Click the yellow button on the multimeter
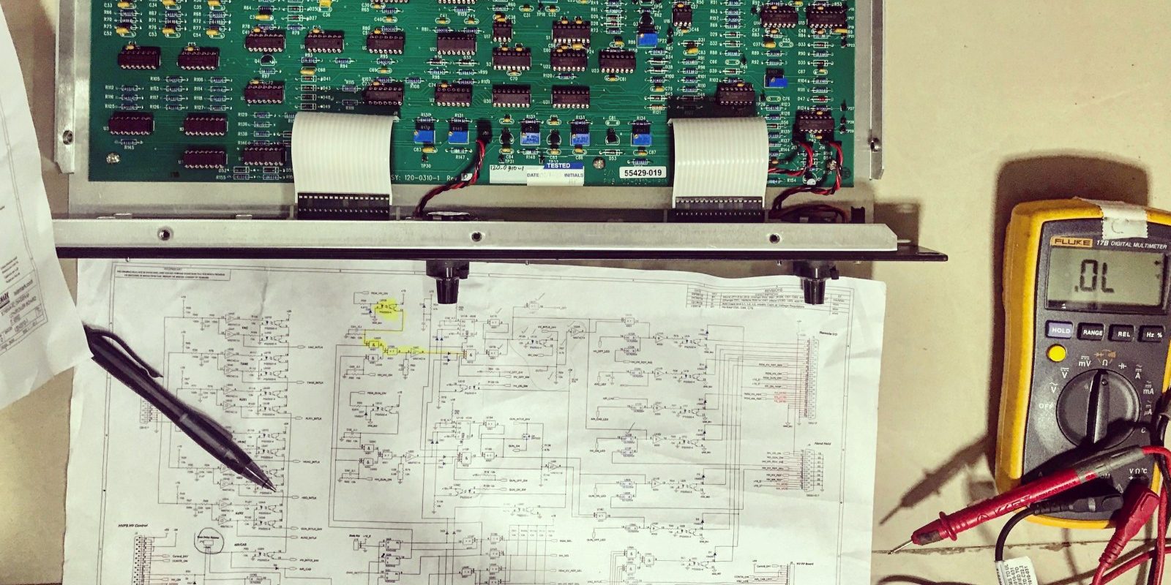tap(1056, 354)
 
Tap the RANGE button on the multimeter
tap(1091, 332)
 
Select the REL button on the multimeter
tap(1123, 334)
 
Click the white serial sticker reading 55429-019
tap(643, 173)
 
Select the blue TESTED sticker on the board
tap(558, 166)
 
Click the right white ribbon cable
tap(720, 157)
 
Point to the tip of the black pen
tap(274, 489)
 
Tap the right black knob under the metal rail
tap(814, 282)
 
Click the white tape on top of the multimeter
tap(1120, 214)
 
